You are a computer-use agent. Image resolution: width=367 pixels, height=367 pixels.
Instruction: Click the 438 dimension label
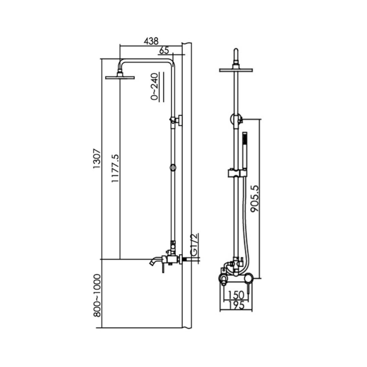(151, 41)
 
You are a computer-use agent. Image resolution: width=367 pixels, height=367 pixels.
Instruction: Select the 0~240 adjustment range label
(155, 87)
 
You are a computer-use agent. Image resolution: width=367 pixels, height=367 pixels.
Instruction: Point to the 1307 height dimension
(97, 158)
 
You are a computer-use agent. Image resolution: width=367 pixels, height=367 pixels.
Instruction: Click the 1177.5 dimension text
(115, 168)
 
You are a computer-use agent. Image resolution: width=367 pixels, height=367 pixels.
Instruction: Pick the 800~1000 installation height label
(97, 296)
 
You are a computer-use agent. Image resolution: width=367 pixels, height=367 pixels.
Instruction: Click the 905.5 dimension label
(255, 199)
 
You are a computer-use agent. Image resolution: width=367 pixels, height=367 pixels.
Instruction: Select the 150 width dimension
(236, 295)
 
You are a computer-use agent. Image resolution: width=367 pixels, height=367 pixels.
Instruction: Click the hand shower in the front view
(245, 150)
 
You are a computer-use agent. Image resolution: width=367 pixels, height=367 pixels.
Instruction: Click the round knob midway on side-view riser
(173, 167)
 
